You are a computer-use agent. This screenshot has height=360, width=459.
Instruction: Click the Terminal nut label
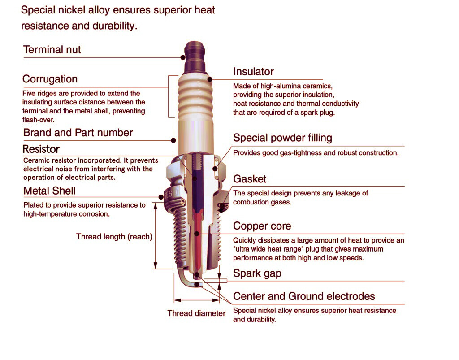tap(52, 49)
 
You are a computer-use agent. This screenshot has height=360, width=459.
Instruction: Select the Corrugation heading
tap(50, 79)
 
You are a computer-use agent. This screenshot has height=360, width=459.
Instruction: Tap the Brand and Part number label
tap(78, 133)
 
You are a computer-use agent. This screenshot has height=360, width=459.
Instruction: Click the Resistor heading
tap(41, 149)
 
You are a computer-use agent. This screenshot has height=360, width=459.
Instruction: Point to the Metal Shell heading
tap(49, 191)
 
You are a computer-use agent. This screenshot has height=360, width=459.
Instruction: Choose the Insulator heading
tap(253, 72)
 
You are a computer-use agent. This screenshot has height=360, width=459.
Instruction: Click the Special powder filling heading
tap(282, 138)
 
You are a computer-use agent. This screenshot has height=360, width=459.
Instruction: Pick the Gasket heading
tap(250, 179)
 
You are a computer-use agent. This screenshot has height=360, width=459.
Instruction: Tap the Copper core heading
tap(262, 226)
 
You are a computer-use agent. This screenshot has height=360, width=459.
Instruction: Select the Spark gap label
tap(257, 273)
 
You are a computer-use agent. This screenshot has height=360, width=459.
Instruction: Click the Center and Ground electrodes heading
tap(304, 296)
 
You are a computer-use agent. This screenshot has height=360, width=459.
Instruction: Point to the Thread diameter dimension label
tap(196, 313)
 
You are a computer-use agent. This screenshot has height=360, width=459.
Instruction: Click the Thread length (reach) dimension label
tap(114, 236)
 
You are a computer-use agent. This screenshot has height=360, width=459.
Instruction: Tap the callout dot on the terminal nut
tap(183, 57)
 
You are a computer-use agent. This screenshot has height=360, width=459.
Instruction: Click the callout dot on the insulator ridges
tap(210, 79)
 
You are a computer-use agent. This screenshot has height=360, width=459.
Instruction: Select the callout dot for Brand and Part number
tap(173, 140)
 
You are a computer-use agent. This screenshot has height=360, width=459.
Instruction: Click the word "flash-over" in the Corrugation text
tap(38, 120)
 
